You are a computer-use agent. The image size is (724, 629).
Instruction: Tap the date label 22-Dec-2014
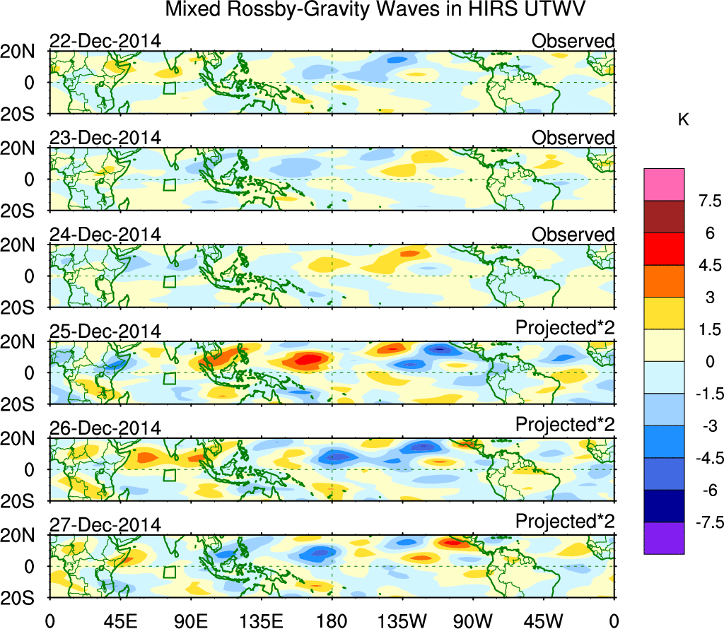click(x=105, y=41)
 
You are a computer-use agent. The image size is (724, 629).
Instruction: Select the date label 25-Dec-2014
click(x=105, y=331)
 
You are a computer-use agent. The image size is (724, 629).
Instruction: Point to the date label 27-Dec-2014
click(x=105, y=525)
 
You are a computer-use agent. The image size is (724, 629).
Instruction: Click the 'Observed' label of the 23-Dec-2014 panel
click(x=573, y=138)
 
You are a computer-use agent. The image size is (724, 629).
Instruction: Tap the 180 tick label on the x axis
click(x=332, y=620)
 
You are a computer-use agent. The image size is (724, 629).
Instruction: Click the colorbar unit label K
click(x=683, y=121)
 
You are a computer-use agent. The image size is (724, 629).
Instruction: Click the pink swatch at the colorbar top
click(x=664, y=184)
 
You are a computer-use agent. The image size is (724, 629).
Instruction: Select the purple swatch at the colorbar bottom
click(x=664, y=538)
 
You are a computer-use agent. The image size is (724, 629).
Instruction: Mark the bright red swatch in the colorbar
click(x=664, y=249)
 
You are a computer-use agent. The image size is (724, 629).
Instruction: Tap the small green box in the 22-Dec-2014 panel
click(x=169, y=88)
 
